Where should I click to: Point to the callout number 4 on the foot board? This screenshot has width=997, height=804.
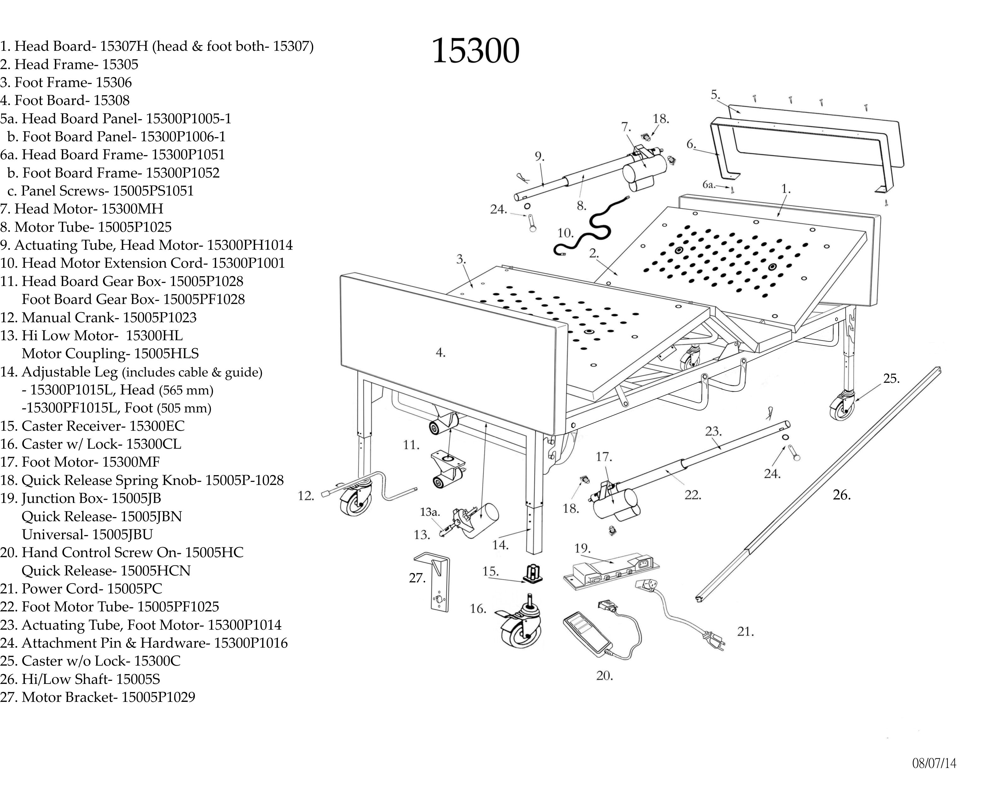pyautogui.click(x=441, y=353)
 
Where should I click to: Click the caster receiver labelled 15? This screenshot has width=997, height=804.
pyautogui.click(x=533, y=574)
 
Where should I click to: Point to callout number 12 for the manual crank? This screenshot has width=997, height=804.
pyautogui.click(x=306, y=496)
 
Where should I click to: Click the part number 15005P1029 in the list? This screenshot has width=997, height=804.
pyautogui.click(x=158, y=697)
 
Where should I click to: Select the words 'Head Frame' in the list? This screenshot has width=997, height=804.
pyautogui.click(x=54, y=64)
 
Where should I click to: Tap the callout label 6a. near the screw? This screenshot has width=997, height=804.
pyautogui.click(x=709, y=185)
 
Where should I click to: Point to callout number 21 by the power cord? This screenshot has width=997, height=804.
pyautogui.click(x=745, y=632)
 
